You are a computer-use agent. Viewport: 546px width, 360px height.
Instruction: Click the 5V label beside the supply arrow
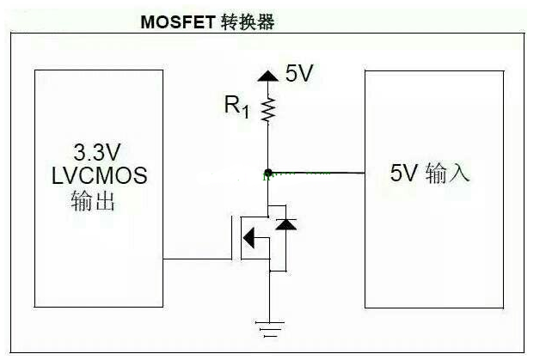[x=299, y=75]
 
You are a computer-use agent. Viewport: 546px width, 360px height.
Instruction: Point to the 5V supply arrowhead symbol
[x=269, y=76]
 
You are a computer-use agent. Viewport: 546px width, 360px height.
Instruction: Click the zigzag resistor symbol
[x=269, y=109]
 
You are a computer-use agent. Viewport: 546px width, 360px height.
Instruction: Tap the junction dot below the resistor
[x=269, y=172]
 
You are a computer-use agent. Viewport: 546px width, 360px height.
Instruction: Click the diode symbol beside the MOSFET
[x=285, y=224]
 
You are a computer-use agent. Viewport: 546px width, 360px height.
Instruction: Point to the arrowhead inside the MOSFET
[x=249, y=237]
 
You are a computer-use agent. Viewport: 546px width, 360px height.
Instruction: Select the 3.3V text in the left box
[x=97, y=154]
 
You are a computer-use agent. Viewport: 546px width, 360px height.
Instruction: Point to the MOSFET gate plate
[x=233, y=237]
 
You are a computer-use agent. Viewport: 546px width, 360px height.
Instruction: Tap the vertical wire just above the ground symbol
[x=269, y=301]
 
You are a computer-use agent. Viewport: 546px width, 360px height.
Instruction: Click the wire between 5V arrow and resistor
[x=269, y=88]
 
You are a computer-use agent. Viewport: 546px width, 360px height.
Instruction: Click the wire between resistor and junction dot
[x=269, y=146]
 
